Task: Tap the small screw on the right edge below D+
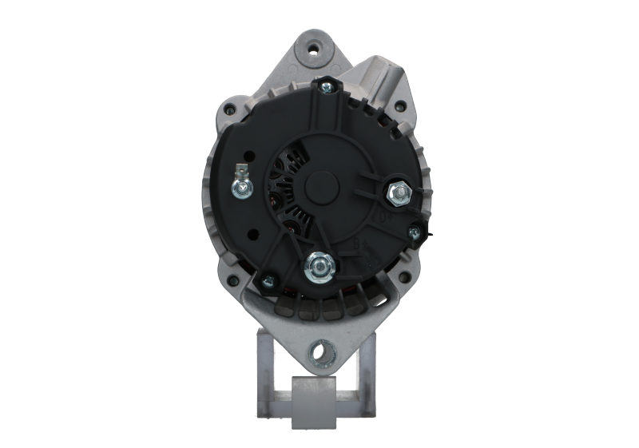[x=414, y=232]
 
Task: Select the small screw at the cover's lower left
[x=267, y=279]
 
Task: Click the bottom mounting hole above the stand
[x=322, y=349]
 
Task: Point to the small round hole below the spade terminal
[x=252, y=234]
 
